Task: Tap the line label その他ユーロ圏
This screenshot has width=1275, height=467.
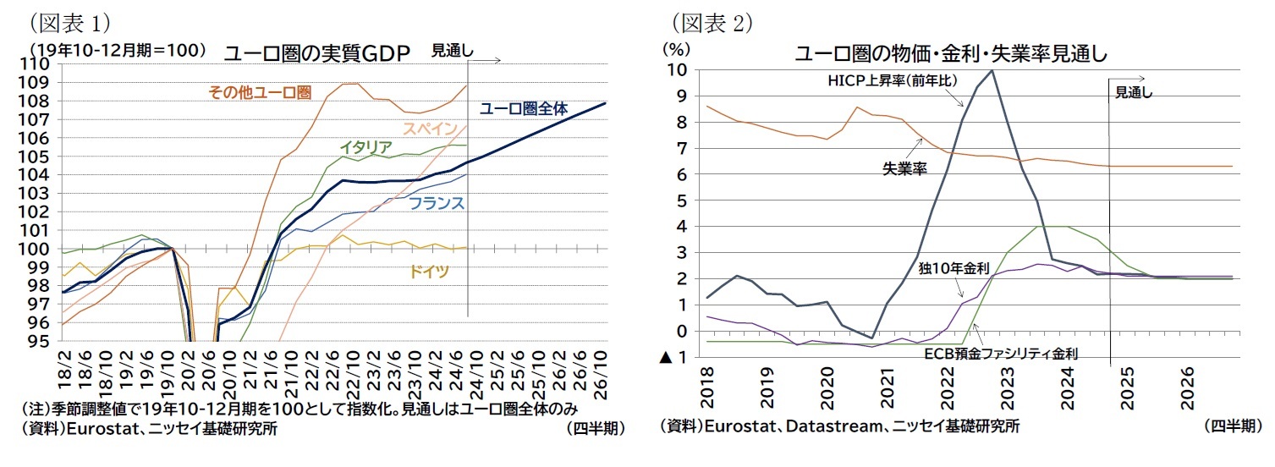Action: click(260, 92)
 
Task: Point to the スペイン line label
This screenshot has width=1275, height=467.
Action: click(431, 129)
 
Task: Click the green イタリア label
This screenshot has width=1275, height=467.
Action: click(365, 147)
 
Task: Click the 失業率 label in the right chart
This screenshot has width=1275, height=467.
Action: click(904, 168)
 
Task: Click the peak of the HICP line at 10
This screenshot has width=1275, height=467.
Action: click(991, 70)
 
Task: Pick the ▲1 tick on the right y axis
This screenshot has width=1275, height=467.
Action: click(673, 358)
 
